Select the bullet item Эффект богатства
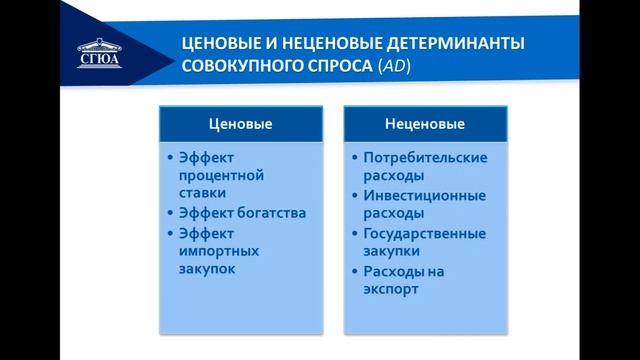point(241,213)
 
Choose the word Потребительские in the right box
point(425,157)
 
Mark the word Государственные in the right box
point(425,233)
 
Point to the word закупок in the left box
point(206,270)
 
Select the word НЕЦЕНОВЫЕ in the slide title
point(315,45)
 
